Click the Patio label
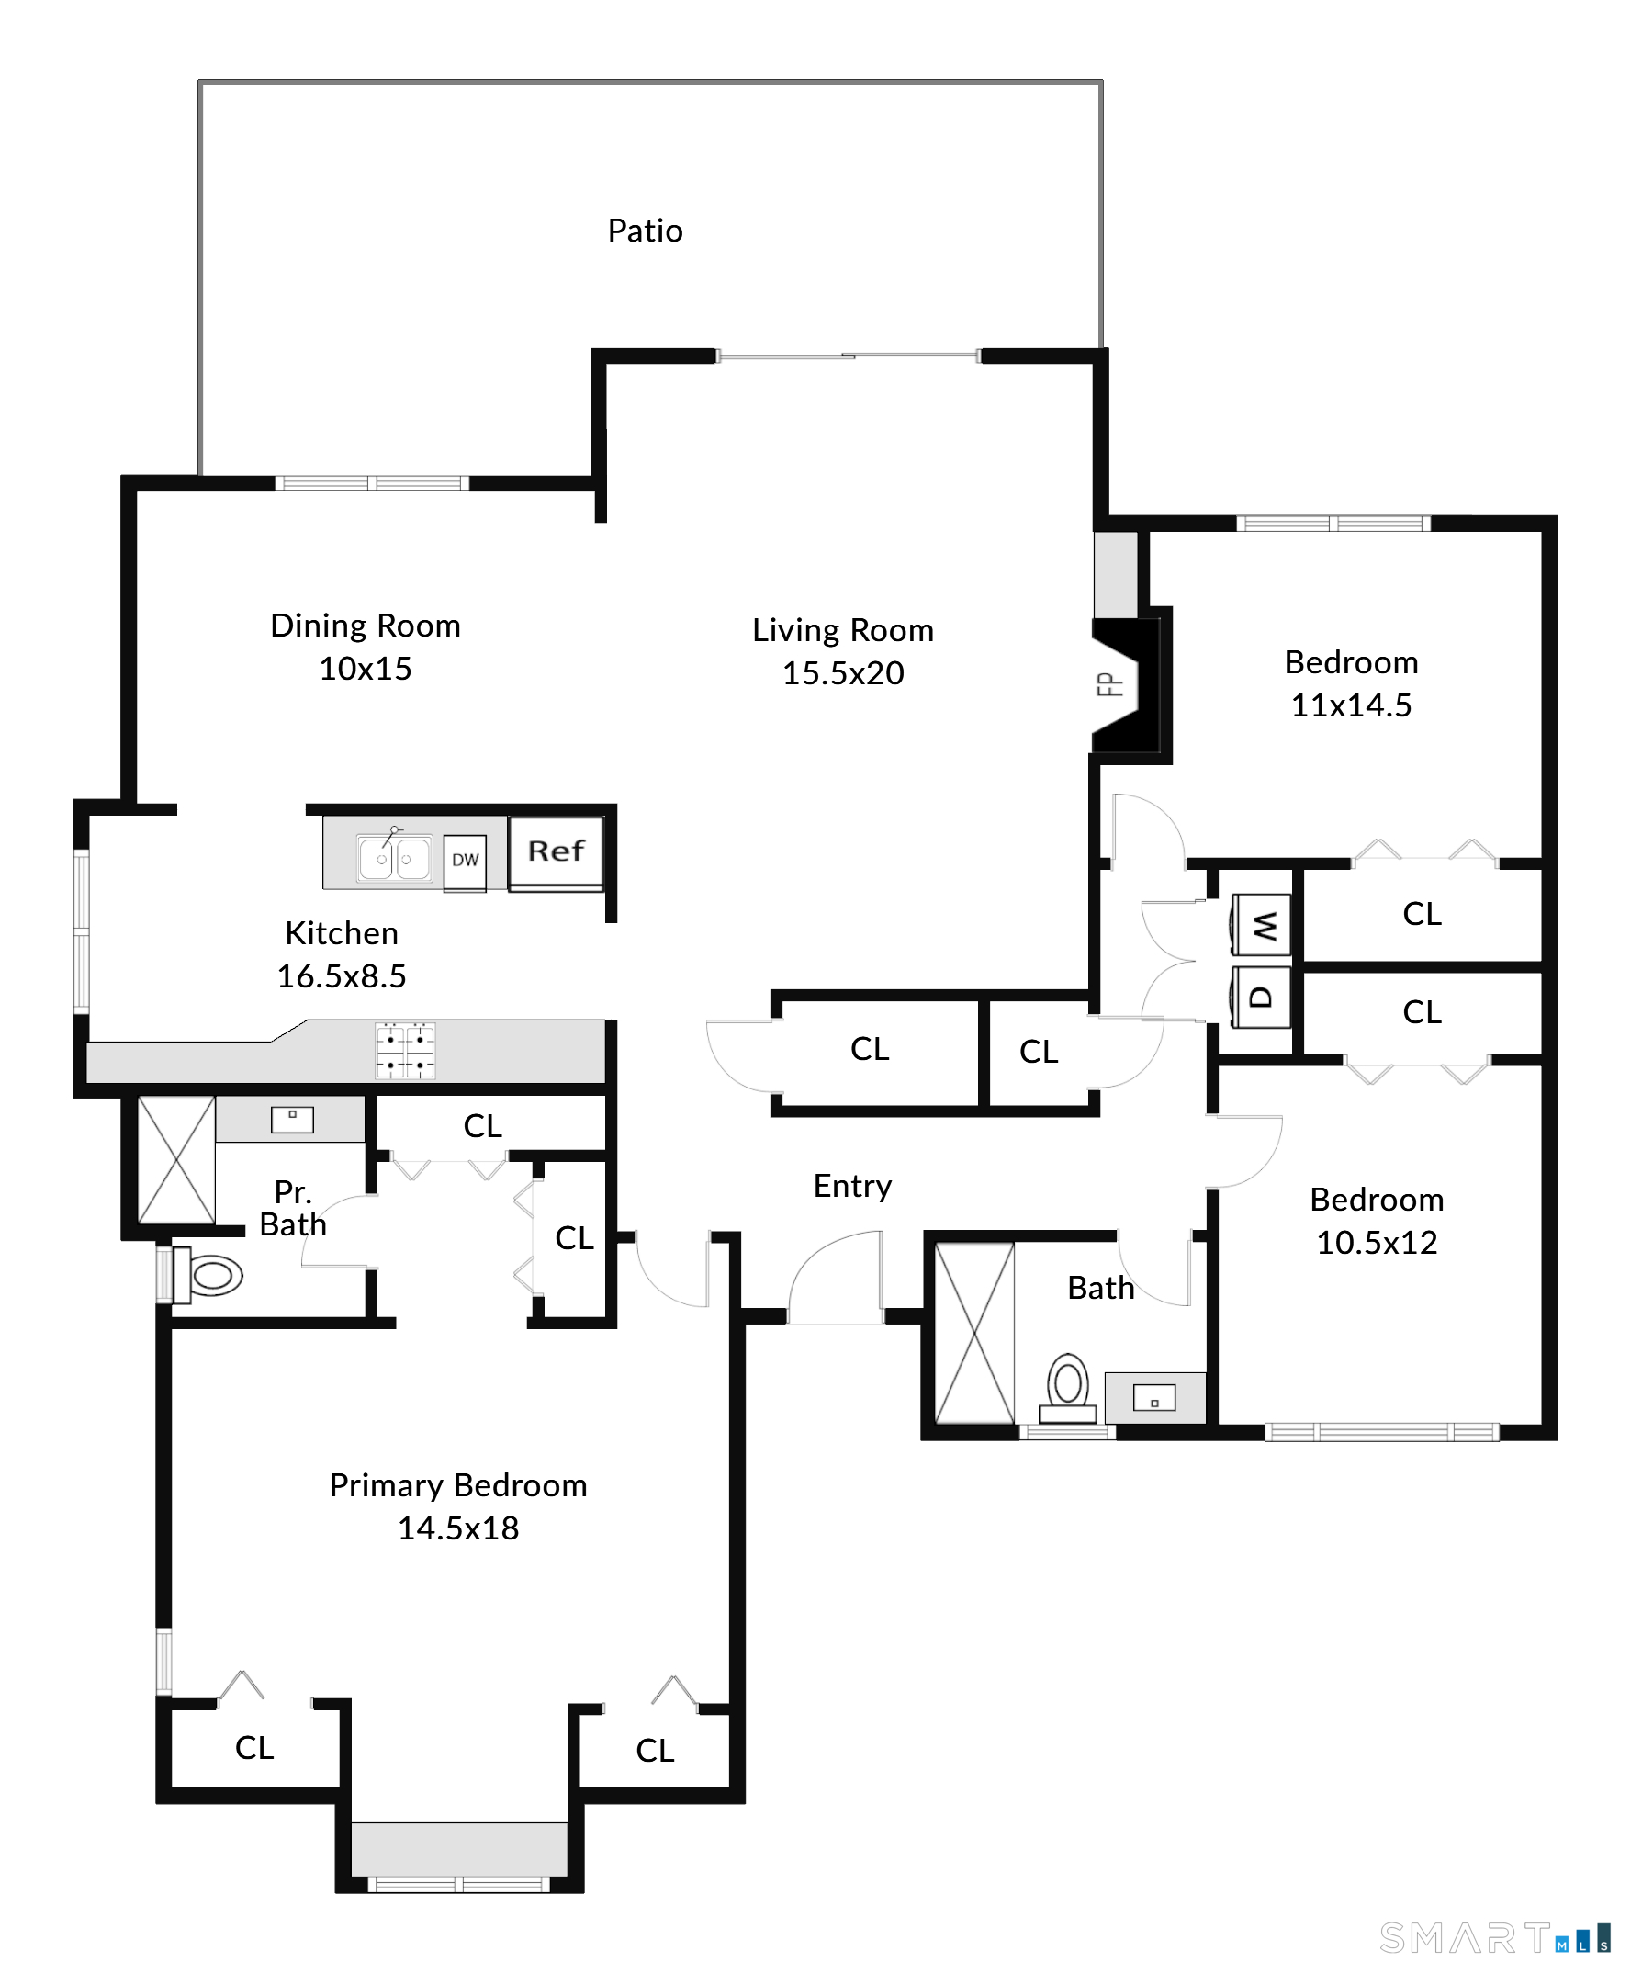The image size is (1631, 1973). [x=645, y=231]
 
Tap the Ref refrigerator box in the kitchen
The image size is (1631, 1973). [x=557, y=851]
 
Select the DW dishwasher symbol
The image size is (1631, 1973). [x=465, y=861]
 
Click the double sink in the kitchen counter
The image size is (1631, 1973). [x=395, y=858]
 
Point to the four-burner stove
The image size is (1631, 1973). [x=406, y=1051]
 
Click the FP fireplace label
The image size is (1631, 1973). [x=1110, y=685]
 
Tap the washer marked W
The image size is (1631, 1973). [x=1262, y=926]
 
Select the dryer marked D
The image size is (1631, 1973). [x=1262, y=997]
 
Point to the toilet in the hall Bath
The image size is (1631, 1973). [x=1067, y=1388]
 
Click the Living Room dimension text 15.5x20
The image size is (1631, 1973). [x=843, y=672]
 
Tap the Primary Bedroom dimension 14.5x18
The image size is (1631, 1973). [x=457, y=1528]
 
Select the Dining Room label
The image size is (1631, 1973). [x=366, y=626]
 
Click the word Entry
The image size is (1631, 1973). [x=852, y=1187]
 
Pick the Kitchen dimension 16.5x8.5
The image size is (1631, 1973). [x=341, y=976]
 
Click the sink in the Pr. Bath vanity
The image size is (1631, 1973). [x=292, y=1119]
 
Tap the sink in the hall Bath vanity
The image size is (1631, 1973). [x=1154, y=1399]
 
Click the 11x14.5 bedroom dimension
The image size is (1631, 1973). [x=1351, y=705]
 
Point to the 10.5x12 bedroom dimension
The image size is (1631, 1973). [x=1377, y=1242]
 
